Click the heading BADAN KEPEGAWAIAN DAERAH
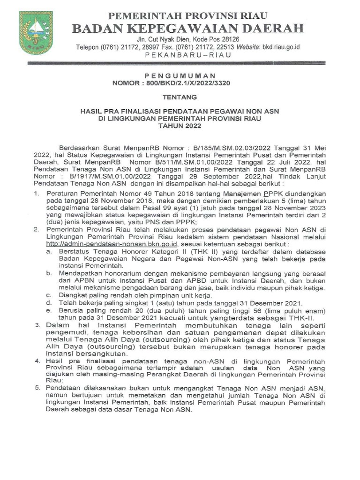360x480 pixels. tap(187, 28)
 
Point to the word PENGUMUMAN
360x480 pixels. tap(180, 75)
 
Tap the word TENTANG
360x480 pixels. tap(180, 97)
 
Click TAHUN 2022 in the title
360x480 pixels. tap(180, 127)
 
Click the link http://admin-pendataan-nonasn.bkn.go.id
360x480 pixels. tap(112, 244)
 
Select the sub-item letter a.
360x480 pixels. tap(48, 252)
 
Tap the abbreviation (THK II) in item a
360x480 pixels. tap(173, 252)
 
